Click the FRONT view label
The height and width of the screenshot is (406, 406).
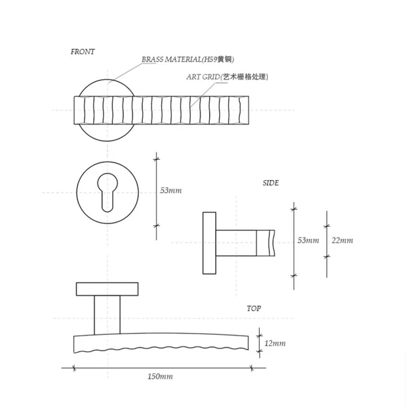(83, 51)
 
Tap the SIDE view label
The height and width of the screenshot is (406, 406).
(271, 183)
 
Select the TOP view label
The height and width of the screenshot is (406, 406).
(254, 309)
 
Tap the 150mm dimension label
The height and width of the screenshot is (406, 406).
(160, 376)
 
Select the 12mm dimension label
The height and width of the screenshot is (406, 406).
(275, 344)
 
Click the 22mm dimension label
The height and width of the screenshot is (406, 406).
(342, 241)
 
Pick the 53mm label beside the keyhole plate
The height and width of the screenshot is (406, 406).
(171, 191)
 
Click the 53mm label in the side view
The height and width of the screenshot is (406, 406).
(308, 241)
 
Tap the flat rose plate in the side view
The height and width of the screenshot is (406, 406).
(208, 242)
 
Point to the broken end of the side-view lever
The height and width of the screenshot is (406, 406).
(272, 242)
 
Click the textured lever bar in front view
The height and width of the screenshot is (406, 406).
(162, 110)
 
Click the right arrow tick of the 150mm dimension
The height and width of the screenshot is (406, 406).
(252, 368)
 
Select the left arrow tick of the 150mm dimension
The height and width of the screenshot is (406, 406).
(73, 368)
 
